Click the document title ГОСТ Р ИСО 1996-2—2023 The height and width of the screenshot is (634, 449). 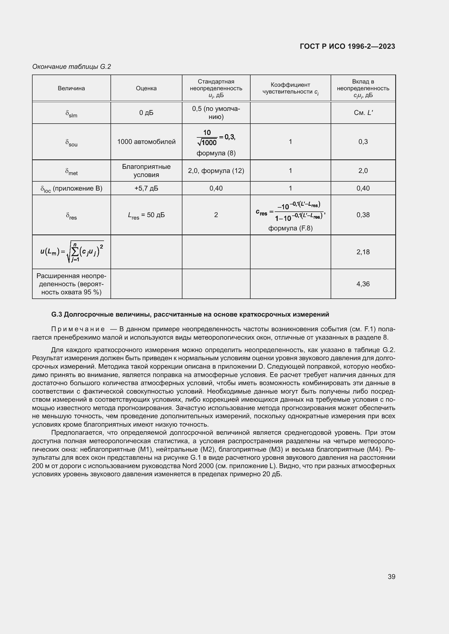347,46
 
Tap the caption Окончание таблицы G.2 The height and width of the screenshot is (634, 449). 71,67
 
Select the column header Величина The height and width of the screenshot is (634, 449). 71,88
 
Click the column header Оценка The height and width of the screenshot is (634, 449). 146,88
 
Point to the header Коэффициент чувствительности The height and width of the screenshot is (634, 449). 290,88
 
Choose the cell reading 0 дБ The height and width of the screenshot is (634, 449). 146,113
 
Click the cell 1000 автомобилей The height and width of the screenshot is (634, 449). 146,142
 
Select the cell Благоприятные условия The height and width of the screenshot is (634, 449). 146,171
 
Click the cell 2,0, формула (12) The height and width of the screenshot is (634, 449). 216,171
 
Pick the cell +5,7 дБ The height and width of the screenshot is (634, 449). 146,188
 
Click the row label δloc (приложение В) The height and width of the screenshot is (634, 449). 71,189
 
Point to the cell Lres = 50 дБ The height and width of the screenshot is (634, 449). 146,215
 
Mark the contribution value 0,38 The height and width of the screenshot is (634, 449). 363,215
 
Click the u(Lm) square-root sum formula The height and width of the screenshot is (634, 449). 72,252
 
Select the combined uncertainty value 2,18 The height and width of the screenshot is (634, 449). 363,252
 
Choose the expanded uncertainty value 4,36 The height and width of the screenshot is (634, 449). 363,284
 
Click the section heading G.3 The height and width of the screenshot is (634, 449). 190,314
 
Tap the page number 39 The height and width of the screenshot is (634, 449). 391,577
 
